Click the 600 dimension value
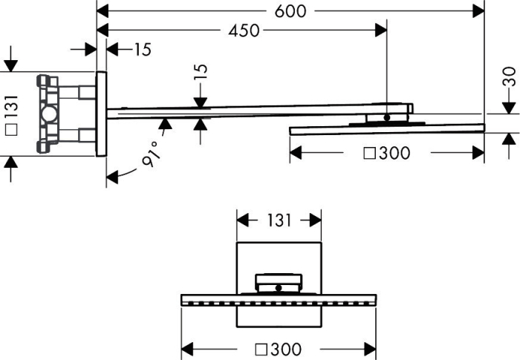coord(290,11)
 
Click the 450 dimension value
coord(244,30)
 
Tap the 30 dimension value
coord(509,76)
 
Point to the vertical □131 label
coord(12,115)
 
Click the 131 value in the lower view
coord(279,220)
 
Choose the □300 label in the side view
coord(387,153)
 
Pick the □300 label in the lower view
coord(279,349)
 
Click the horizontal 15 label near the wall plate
coord(143,50)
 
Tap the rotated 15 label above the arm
coord(201,71)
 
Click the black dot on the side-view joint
coord(387,117)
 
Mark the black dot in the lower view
coord(279,288)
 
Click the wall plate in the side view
coord(102,114)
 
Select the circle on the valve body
coord(49,114)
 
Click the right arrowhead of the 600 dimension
coord(478,11)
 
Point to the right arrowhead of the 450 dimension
coord(381,30)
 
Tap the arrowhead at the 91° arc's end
coord(112,177)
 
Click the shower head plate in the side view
coord(387,129)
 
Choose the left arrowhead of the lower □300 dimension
coord(187,349)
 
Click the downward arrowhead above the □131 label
coord(11,65)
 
